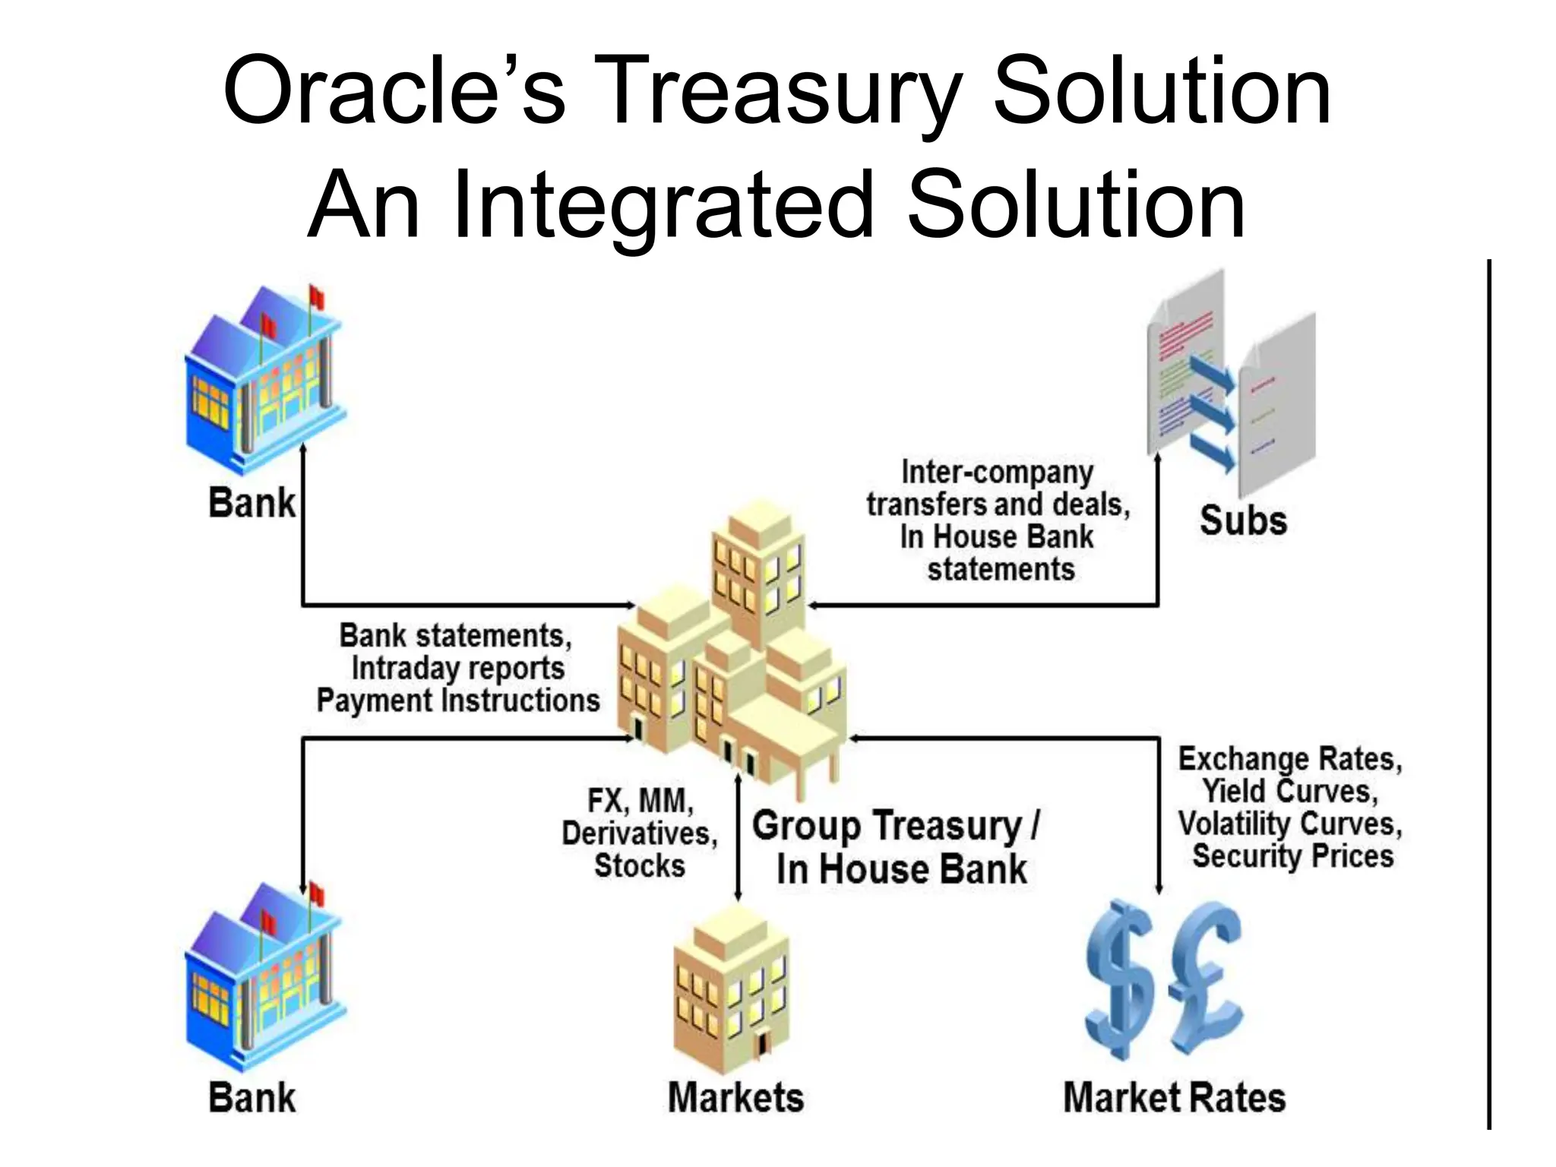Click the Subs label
tap(1243, 521)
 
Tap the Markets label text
tap(735, 1098)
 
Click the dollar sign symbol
tap(1121, 980)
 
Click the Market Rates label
tap(1174, 1098)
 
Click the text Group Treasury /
tap(895, 826)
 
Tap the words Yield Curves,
tap(1289, 792)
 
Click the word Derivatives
tap(639, 833)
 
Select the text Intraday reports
tap(457, 669)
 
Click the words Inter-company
tap(997, 473)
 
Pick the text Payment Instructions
tap(457, 701)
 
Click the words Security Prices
tap(1292, 856)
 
